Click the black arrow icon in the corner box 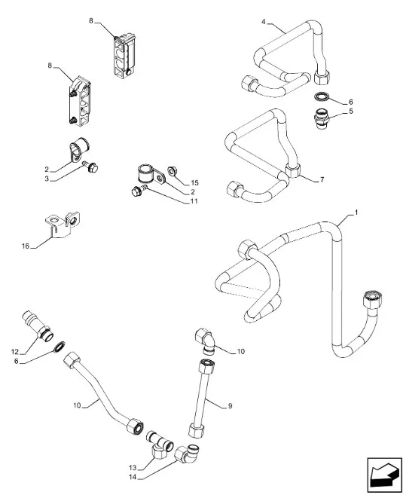tap(383, 475)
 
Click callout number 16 tap(26, 246)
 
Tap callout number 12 tap(15, 352)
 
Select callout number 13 tap(133, 468)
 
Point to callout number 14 tap(133, 477)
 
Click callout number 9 tap(230, 405)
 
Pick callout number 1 tap(356, 212)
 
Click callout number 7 tap(322, 179)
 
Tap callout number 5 tap(350, 112)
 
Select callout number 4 tap(264, 22)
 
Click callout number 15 tap(194, 183)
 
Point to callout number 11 tap(194, 201)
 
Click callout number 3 tap(47, 179)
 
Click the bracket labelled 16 tap(62, 225)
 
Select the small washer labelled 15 tap(172, 171)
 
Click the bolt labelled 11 tap(139, 191)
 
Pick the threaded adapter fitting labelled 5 tap(322, 118)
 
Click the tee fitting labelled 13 tap(160, 445)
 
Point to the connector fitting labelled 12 tap(37, 325)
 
